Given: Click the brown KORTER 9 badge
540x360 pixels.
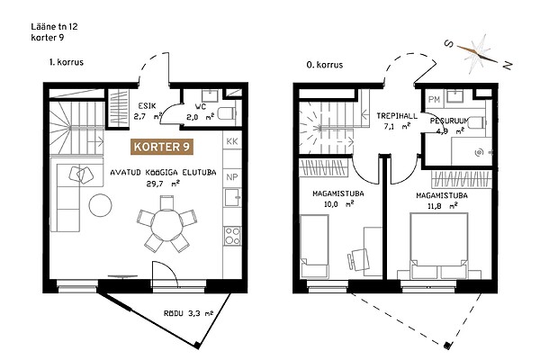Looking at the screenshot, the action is point(161,147).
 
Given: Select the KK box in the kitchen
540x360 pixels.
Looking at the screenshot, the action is point(232,141).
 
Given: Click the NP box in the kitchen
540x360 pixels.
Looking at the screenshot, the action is point(232,177).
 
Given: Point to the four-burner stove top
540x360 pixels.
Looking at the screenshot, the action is point(232,236).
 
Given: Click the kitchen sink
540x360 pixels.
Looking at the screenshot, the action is point(232,197).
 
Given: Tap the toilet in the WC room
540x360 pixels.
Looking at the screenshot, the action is point(228,113).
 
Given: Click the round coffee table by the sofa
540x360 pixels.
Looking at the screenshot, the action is point(100,205).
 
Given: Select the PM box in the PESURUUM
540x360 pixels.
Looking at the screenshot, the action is point(435,100).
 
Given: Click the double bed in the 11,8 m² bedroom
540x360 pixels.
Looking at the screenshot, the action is point(439,246).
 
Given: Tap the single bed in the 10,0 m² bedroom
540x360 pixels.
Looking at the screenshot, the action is point(314,246).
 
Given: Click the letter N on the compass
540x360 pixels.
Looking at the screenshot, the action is point(508,65).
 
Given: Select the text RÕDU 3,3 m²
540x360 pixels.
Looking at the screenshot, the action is point(188,313).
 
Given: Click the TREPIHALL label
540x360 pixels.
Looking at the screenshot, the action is point(397,116).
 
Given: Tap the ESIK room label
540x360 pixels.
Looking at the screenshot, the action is point(147,106).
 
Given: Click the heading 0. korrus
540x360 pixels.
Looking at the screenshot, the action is point(325,65).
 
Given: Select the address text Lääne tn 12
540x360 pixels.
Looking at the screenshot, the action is point(54,26).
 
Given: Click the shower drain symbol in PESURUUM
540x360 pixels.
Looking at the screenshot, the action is point(479,152).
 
